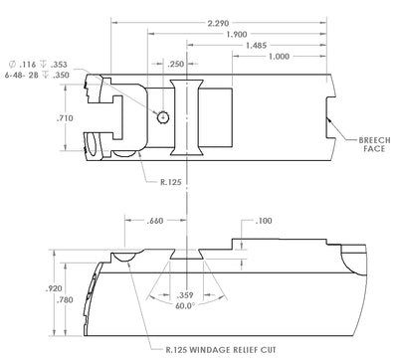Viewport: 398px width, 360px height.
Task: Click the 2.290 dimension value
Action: coord(218,23)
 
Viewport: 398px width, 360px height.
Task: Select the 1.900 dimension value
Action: coord(237,34)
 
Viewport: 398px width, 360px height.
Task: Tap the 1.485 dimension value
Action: coord(256,45)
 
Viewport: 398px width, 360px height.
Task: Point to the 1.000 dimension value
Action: coord(279,57)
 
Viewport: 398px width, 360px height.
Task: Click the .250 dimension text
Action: coord(176,64)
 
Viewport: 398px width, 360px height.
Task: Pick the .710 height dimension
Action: coord(65,118)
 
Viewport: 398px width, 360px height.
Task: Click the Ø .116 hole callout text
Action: coord(38,64)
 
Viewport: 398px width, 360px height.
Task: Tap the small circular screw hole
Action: coord(163,116)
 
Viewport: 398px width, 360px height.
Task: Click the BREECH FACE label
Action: coord(374,144)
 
